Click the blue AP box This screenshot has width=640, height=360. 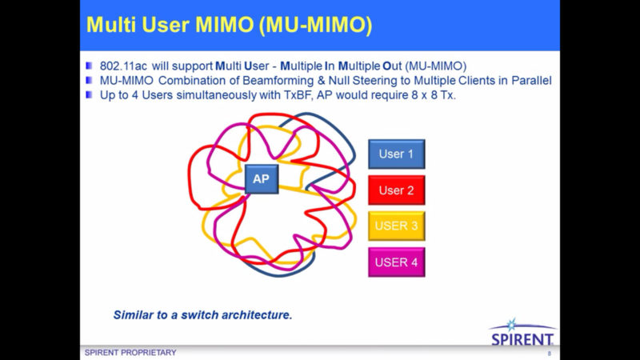[x=262, y=179]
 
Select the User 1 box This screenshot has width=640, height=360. [x=396, y=154]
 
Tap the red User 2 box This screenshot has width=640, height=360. [x=396, y=190]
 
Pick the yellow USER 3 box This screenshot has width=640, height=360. [x=396, y=226]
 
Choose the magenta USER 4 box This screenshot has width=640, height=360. [x=396, y=262]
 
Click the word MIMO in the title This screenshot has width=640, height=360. [x=225, y=25]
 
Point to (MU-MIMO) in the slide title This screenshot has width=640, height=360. [x=315, y=26]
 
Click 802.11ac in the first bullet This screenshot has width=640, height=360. [x=123, y=66]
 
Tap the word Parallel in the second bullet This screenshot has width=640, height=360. [x=531, y=81]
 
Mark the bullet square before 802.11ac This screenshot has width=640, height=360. [x=89, y=66]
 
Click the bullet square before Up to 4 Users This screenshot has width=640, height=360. [x=89, y=94]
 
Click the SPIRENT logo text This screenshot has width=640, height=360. [x=522, y=339]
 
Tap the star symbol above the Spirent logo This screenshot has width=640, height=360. [x=511, y=325]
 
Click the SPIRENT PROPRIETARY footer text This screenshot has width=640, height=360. [x=130, y=353]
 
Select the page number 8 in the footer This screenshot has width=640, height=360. [x=550, y=354]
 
